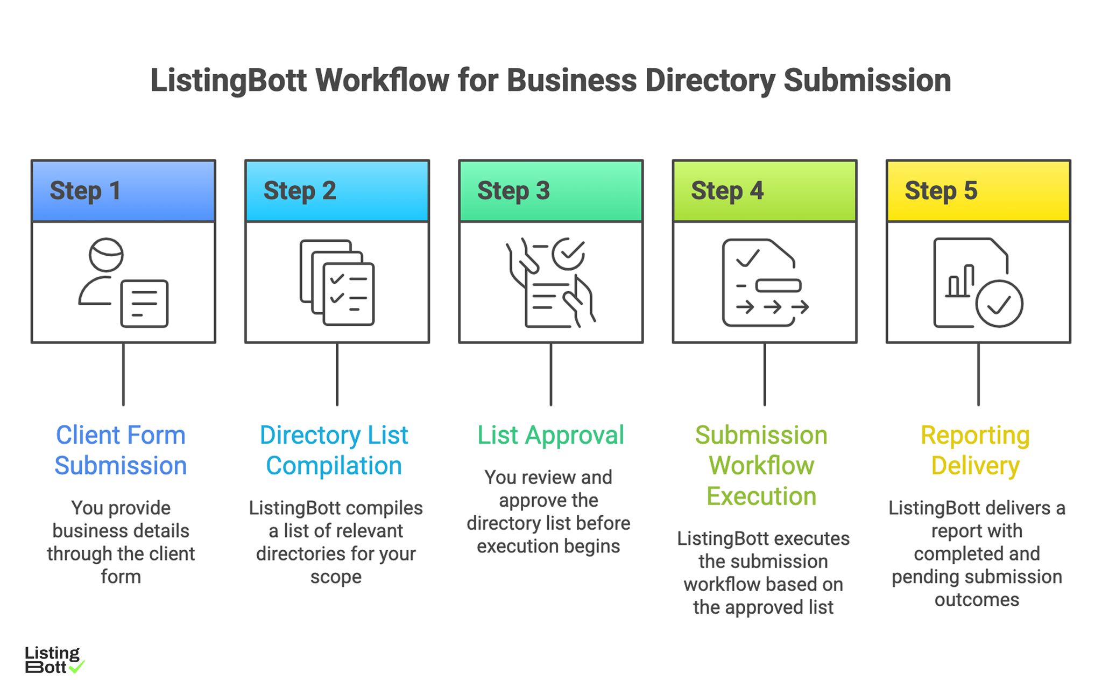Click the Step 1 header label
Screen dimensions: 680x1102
[x=85, y=191]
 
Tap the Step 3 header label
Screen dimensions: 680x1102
[x=513, y=191]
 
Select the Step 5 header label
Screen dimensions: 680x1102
[x=941, y=191]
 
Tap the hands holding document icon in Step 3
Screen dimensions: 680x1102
[x=550, y=283]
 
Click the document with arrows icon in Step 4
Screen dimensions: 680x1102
[x=764, y=283]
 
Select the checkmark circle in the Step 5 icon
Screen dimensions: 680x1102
[x=999, y=304]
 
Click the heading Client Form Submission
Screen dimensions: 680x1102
[x=121, y=450]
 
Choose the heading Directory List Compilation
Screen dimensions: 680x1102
[x=334, y=450]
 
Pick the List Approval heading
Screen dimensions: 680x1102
[x=550, y=435]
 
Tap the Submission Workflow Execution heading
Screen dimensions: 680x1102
[x=761, y=465]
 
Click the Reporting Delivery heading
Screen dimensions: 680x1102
[x=975, y=450]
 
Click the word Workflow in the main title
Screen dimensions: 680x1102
[x=382, y=81]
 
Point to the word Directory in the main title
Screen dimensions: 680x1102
[x=710, y=81]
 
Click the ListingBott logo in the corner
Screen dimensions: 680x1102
[x=53, y=660]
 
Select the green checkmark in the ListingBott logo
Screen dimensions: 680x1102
[x=77, y=667]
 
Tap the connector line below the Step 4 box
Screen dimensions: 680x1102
[x=764, y=374]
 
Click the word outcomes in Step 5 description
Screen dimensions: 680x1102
[x=977, y=599]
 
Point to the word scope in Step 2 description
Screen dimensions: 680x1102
[x=336, y=577]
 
